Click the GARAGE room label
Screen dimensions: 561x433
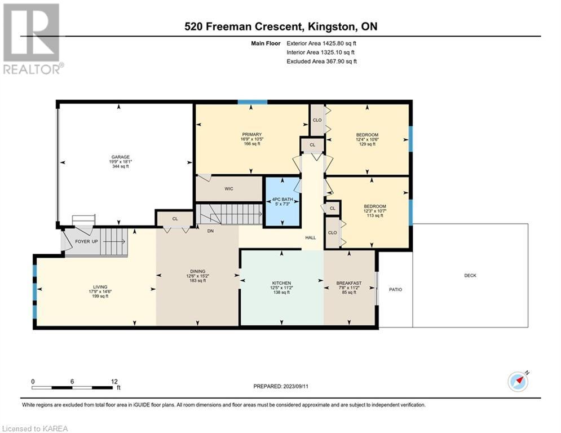tap(120, 157)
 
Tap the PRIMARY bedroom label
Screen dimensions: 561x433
tap(252, 135)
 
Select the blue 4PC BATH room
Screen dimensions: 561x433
tap(282, 202)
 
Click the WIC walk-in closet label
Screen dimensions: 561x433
tap(229, 188)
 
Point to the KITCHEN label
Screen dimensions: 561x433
tap(281, 283)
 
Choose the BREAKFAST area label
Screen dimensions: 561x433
tap(349, 283)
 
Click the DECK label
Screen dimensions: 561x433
tap(470, 276)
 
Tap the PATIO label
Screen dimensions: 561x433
tap(395, 289)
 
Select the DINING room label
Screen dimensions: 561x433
tap(197, 271)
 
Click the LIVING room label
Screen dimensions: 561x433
tap(100, 286)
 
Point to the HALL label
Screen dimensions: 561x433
tap(311, 237)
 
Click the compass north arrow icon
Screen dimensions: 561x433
tap(518, 382)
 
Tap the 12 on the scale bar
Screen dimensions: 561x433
tap(114, 382)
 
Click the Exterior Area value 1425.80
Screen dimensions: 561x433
tap(333, 43)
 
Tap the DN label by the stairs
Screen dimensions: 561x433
tap(210, 231)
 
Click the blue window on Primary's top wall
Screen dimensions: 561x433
tap(252, 103)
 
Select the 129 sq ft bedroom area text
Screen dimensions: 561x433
tap(368, 144)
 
